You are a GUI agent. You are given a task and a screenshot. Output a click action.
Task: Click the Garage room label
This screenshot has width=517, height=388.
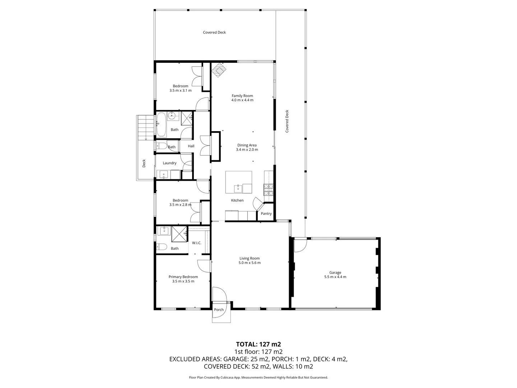pyautogui.click(x=335, y=273)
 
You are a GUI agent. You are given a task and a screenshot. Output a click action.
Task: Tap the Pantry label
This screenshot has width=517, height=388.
pyautogui.click(x=266, y=214)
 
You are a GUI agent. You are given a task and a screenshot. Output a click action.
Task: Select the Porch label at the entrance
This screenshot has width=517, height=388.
pyautogui.click(x=219, y=310)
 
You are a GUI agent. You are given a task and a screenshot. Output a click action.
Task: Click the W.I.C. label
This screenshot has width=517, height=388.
pyautogui.click(x=196, y=243)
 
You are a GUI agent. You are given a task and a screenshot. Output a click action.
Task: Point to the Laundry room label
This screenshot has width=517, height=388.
pyautogui.click(x=169, y=163)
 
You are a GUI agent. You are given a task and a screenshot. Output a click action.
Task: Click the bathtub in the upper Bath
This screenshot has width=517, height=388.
pyautogui.click(x=161, y=124)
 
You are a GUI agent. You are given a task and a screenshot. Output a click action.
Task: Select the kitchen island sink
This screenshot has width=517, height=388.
pyautogui.click(x=238, y=188)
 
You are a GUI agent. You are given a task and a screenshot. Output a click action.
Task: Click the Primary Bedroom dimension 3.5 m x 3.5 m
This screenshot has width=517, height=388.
pyautogui.click(x=183, y=281)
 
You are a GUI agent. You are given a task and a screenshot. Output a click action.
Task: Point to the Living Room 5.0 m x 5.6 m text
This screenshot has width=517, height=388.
pyautogui.click(x=250, y=263)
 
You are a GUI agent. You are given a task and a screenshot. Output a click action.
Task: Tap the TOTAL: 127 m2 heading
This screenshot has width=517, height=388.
pyautogui.click(x=258, y=344)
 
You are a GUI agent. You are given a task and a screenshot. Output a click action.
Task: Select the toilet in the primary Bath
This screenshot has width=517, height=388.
pyautogui.click(x=162, y=247)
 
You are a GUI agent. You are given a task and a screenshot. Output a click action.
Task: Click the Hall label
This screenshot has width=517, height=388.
pyautogui.click(x=191, y=146)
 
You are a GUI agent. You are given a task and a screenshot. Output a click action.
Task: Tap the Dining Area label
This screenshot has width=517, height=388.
pyautogui.click(x=247, y=145)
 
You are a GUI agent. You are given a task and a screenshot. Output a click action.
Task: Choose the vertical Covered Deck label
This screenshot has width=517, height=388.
pyautogui.click(x=287, y=121)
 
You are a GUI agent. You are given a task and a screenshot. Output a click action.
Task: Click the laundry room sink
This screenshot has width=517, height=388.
pyautogui.click(x=164, y=175)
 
